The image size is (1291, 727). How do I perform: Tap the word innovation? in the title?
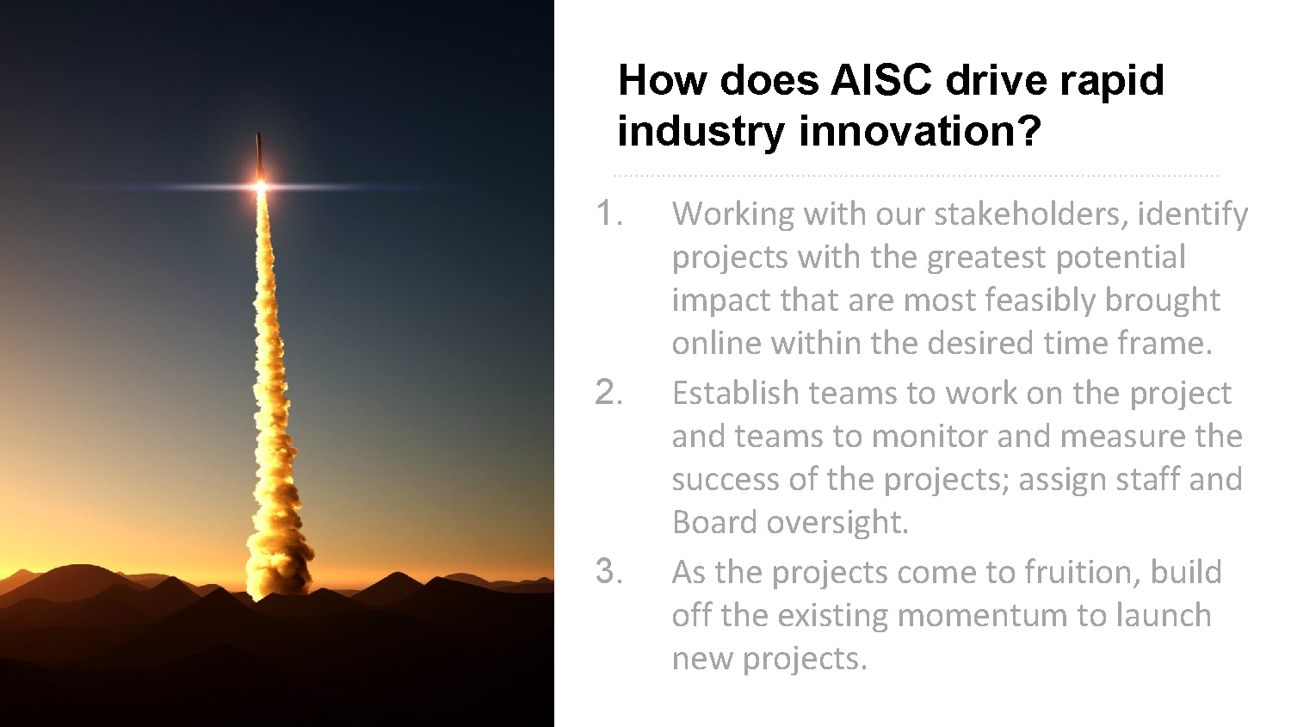tap(920, 130)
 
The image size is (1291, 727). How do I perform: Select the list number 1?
tap(608, 213)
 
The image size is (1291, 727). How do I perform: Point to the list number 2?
tap(608, 392)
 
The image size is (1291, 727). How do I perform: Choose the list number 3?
tap(608, 571)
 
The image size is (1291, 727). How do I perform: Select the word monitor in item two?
tap(930, 436)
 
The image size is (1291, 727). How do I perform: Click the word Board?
tap(714, 522)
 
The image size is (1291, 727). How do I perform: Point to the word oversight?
tap(837, 523)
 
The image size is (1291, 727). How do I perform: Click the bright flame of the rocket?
tap(261, 185)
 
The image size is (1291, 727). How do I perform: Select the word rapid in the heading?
tap(1112, 81)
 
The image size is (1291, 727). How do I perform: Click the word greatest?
tap(985, 258)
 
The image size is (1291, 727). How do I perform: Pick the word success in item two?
tap(725, 480)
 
